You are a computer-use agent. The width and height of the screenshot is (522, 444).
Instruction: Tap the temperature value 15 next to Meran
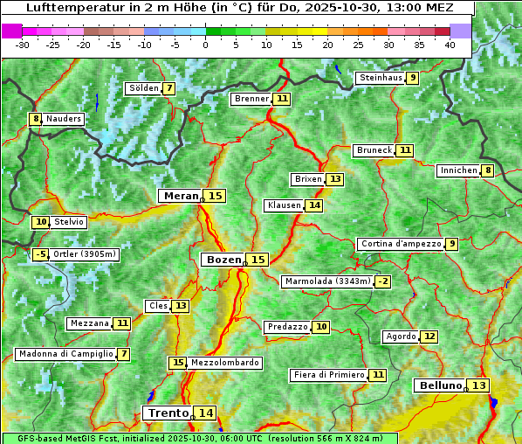pos(215,196)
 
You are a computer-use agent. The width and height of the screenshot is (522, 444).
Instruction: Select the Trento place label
pos(168,413)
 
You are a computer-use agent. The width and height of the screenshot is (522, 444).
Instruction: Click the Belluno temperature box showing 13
pos(478,385)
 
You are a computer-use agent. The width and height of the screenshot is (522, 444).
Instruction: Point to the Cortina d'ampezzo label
pos(400,244)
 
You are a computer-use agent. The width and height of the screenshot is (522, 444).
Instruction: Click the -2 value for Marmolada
pos(382,281)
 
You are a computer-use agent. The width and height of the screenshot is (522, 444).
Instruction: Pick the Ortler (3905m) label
pos(85,254)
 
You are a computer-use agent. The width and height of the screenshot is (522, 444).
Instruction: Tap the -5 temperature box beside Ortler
pos(40,254)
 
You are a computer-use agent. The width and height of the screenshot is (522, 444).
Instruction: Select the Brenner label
pos(251,99)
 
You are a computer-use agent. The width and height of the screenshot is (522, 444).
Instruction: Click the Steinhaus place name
pos(380,78)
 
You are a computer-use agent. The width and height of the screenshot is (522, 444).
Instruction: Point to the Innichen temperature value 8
pos(488,170)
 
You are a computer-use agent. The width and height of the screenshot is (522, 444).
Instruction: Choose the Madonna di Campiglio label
pos(65,354)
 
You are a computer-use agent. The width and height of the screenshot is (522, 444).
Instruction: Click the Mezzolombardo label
pos(224,363)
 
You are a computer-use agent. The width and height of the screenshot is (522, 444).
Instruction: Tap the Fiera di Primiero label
pos(329,375)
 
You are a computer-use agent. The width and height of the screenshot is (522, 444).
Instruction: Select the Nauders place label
pos(64,119)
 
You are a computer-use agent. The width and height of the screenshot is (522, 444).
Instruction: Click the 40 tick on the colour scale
pos(450,44)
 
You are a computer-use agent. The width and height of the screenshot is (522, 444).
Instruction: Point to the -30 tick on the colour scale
pos(23,44)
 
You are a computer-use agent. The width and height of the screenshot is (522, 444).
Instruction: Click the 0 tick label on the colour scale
pos(205,44)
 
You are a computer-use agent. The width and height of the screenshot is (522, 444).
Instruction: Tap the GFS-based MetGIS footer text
pos(198,438)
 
